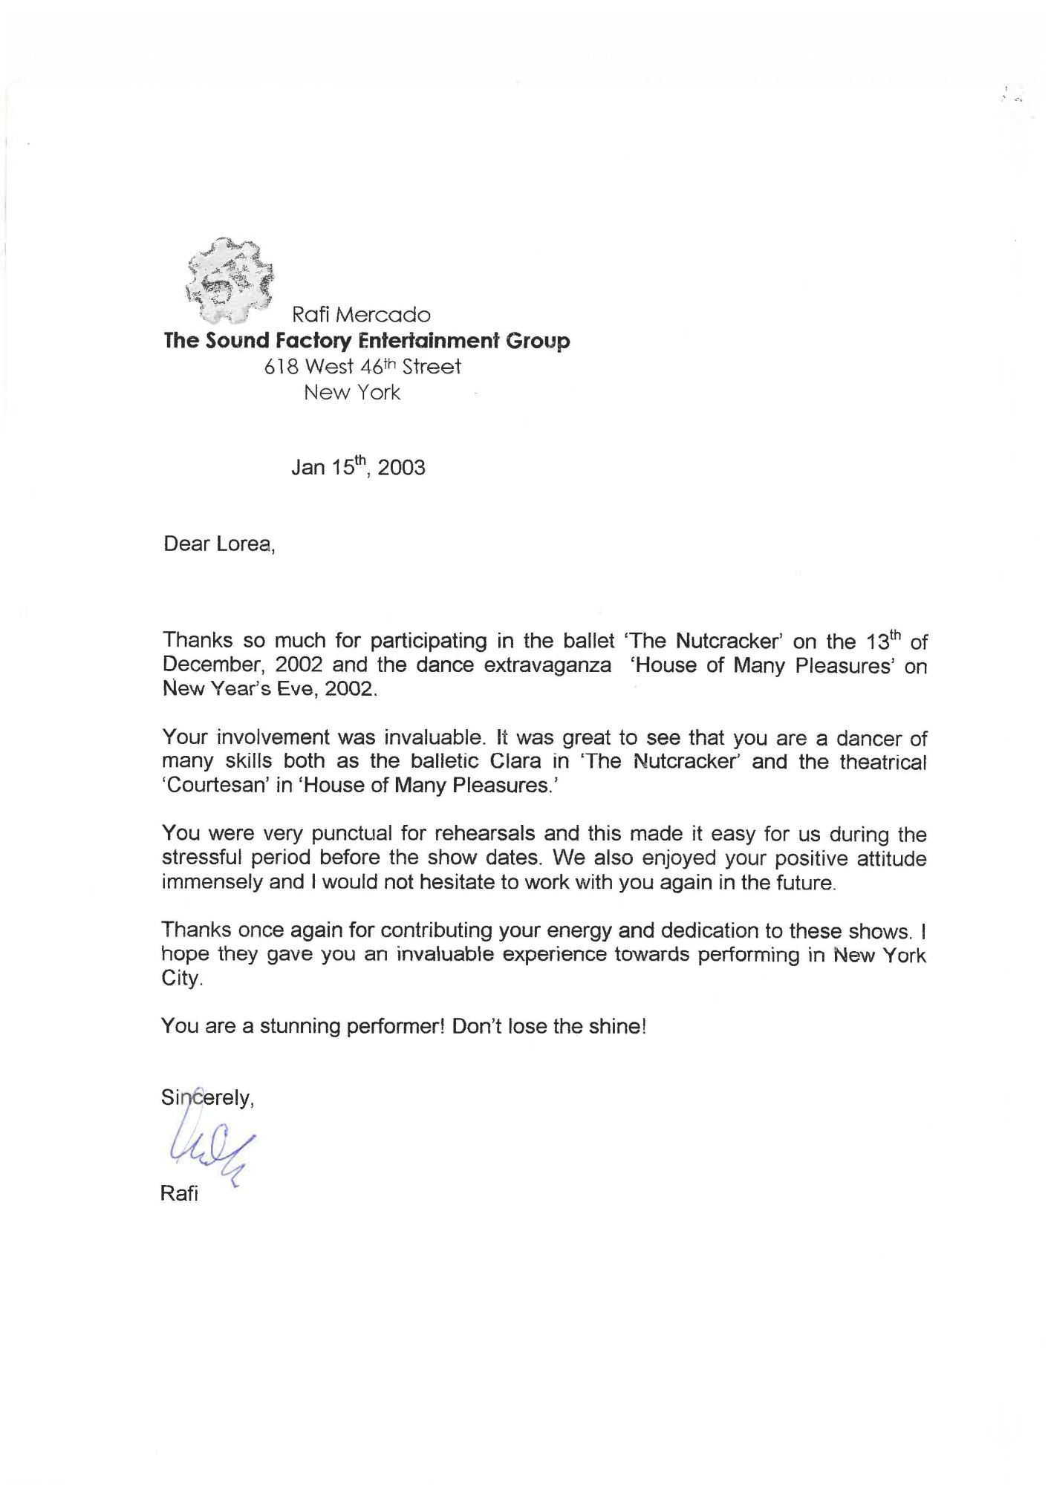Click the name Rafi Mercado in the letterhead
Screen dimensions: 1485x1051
(361, 315)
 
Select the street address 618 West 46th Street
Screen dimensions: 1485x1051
(362, 367)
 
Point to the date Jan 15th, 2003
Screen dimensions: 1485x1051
(358, 467)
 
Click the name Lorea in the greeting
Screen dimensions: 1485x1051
(243, 544)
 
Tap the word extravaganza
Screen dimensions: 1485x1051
(548, 665)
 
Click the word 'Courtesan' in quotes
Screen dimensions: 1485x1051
(216, 786)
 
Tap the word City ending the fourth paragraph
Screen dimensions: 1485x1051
(181, 979)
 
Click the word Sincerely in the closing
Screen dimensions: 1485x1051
(207, 1097)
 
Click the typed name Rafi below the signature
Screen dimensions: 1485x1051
(179, 1195)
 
